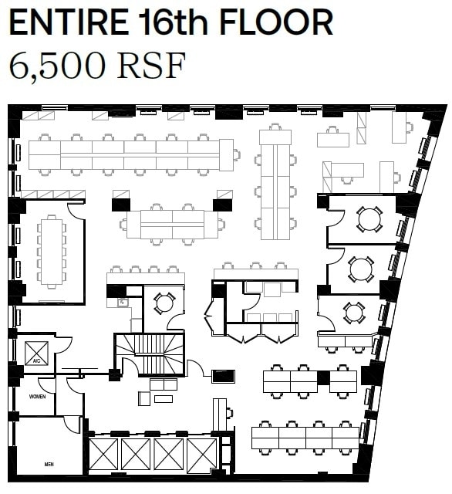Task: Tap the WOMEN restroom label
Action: [37, 397]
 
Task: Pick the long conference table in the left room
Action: [52, 252]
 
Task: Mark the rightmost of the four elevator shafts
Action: [202, 455]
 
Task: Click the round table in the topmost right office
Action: [369, 218]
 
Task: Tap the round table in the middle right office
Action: [360, 269]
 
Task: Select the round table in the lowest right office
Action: [354, 312]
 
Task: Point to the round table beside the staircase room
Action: [164, 303]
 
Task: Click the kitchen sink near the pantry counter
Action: [122, 303]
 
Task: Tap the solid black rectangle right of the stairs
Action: [224, 377]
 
